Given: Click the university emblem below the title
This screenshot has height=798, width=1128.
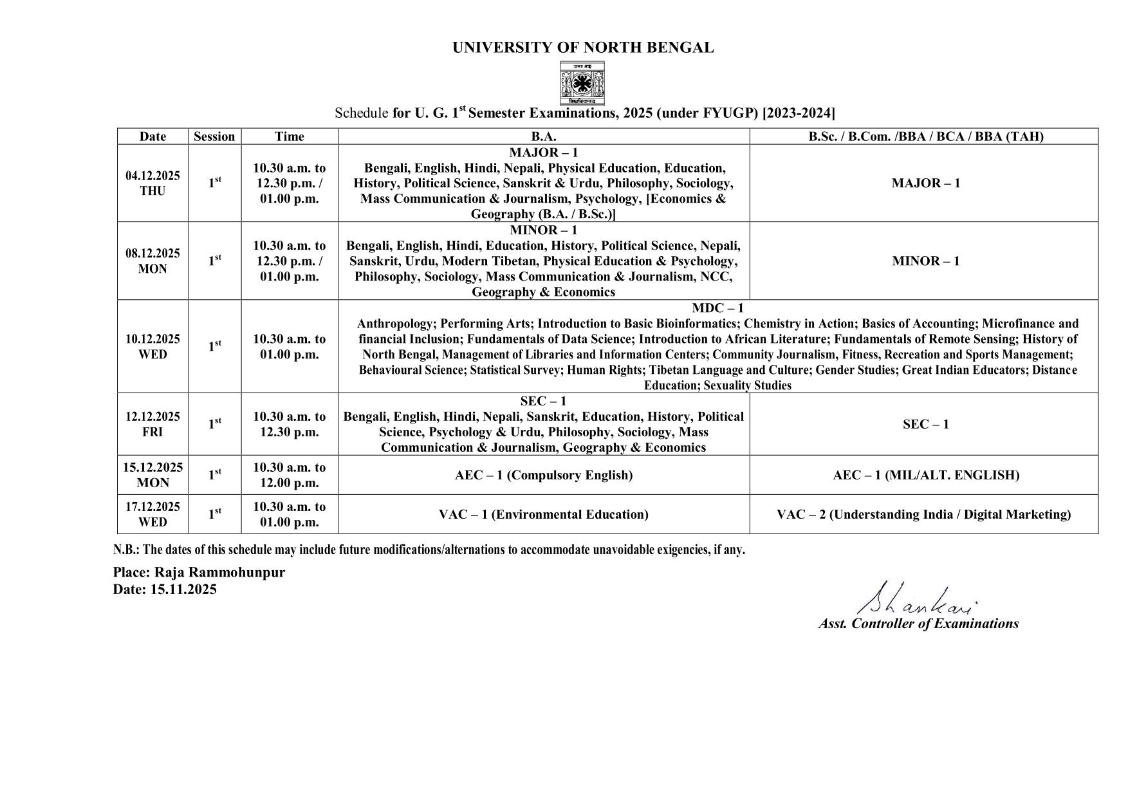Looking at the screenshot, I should [582, 84].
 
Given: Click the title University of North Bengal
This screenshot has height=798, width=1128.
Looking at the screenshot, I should [582, 48].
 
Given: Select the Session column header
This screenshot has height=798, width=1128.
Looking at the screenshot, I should [214, 136].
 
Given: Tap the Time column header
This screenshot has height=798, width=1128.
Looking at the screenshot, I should [289, 136].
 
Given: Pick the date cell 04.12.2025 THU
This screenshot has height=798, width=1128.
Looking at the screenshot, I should [153, 183].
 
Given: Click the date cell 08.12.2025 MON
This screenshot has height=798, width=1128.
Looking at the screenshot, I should [153, 261].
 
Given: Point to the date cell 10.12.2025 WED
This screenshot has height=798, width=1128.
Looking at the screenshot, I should [153, 346].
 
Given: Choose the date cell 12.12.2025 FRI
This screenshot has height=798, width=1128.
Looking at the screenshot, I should [153, 424].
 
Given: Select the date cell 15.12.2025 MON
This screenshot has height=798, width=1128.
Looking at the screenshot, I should [153, 475].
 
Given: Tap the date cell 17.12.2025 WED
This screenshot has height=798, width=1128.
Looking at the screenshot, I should [153, 514].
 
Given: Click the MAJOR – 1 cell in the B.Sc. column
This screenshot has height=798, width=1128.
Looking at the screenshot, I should [925, 183].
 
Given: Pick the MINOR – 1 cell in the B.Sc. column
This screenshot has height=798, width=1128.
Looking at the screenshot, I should [925, 261].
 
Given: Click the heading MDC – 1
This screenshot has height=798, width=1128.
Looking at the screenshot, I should [717, 308].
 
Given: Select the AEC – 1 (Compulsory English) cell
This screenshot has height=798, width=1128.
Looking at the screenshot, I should [543, 476].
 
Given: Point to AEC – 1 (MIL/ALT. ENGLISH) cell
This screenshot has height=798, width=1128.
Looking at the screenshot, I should [925, 476].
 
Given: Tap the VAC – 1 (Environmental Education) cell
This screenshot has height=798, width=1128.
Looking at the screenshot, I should [543, 515].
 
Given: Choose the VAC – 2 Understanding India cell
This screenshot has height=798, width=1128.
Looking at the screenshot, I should [923, 515].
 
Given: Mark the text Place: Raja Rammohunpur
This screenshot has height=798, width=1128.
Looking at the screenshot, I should [199, 573].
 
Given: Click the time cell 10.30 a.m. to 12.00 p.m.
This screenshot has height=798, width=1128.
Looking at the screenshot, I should [289, 475].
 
